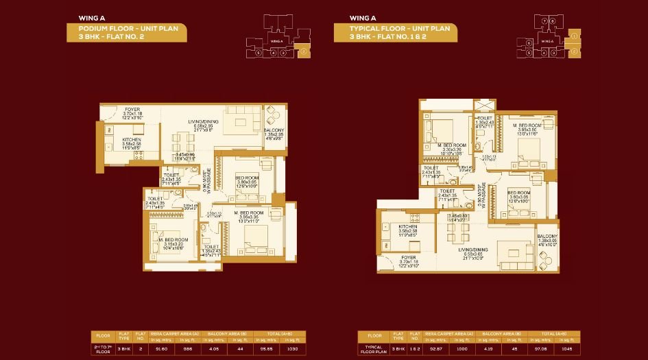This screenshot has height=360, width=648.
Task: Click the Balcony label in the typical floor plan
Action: coord(547,238)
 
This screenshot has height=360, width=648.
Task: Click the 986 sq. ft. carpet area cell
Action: coord(187,348)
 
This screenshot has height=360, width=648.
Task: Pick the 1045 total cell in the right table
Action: coord(566,348)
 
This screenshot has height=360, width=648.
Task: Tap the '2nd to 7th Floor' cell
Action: coord(104,348)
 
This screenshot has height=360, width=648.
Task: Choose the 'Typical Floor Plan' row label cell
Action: coord(374,348)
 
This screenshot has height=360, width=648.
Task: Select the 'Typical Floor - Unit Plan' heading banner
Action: coord(393,32)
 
